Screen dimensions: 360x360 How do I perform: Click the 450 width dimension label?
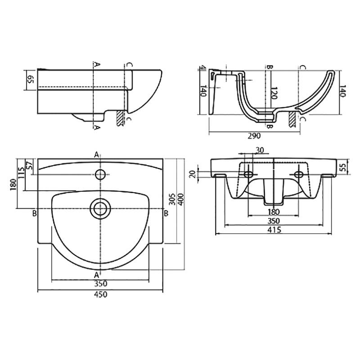pyautogui.click(x=100, y=294)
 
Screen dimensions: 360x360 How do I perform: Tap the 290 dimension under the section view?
pyautogui.click(x=254, y=136)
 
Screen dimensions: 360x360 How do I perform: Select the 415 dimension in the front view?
pyautogui.click(x=274, y=229)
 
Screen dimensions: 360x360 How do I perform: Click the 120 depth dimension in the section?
pyautogui.click(x=274, y=93)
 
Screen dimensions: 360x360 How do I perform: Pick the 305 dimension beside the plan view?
pyautogui.click(x=172, y=199)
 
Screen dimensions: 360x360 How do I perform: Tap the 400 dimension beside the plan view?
pyautogui.click(x=181, y=199)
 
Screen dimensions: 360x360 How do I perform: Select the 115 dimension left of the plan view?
pyautogui.click(x=21, y=173)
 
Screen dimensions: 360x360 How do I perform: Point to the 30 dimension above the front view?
pyautogui.click(x=260, y=150)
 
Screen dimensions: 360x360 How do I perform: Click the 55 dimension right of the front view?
pyautogui.click(x=343, y=167)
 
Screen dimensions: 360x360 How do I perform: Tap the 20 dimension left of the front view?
pyautogui.click(x=193, y=174)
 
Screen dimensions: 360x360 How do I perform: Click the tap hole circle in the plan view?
pyautogui.click(x=100, y=174)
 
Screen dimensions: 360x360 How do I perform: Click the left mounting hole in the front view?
pyautogui.click(x=248, y=174)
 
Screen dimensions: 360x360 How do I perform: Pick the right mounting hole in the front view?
pyautogui.click(x=298, y=174)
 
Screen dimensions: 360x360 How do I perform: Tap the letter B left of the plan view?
pyautogui.click(x=35, y=213)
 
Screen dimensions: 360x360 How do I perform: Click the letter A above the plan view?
pyautogui.click(x=97, y=155)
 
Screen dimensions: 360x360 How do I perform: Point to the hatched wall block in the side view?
pyautogui.click(x=120, y=118)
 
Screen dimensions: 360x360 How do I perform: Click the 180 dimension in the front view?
pyautogui.click(x=274, y=211)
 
